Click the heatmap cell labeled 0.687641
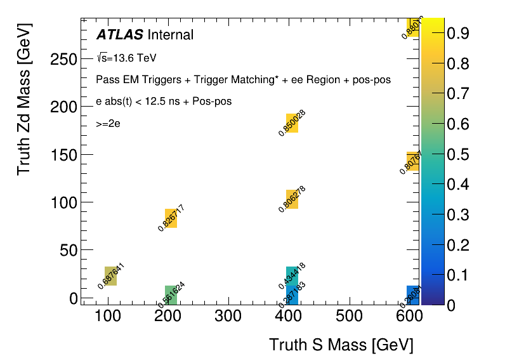point(110,276)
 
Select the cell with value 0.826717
point(171,218)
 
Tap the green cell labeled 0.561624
point(171,294)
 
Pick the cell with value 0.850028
point(292,123)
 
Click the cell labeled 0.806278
point(292,199)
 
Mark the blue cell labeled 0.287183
point(292,294)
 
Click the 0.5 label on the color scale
point(458,155)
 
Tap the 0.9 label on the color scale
point(458,34)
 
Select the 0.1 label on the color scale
point(458,275)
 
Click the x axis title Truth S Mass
point(341,345)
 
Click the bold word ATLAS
point(119,35)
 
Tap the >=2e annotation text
point(108,124)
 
